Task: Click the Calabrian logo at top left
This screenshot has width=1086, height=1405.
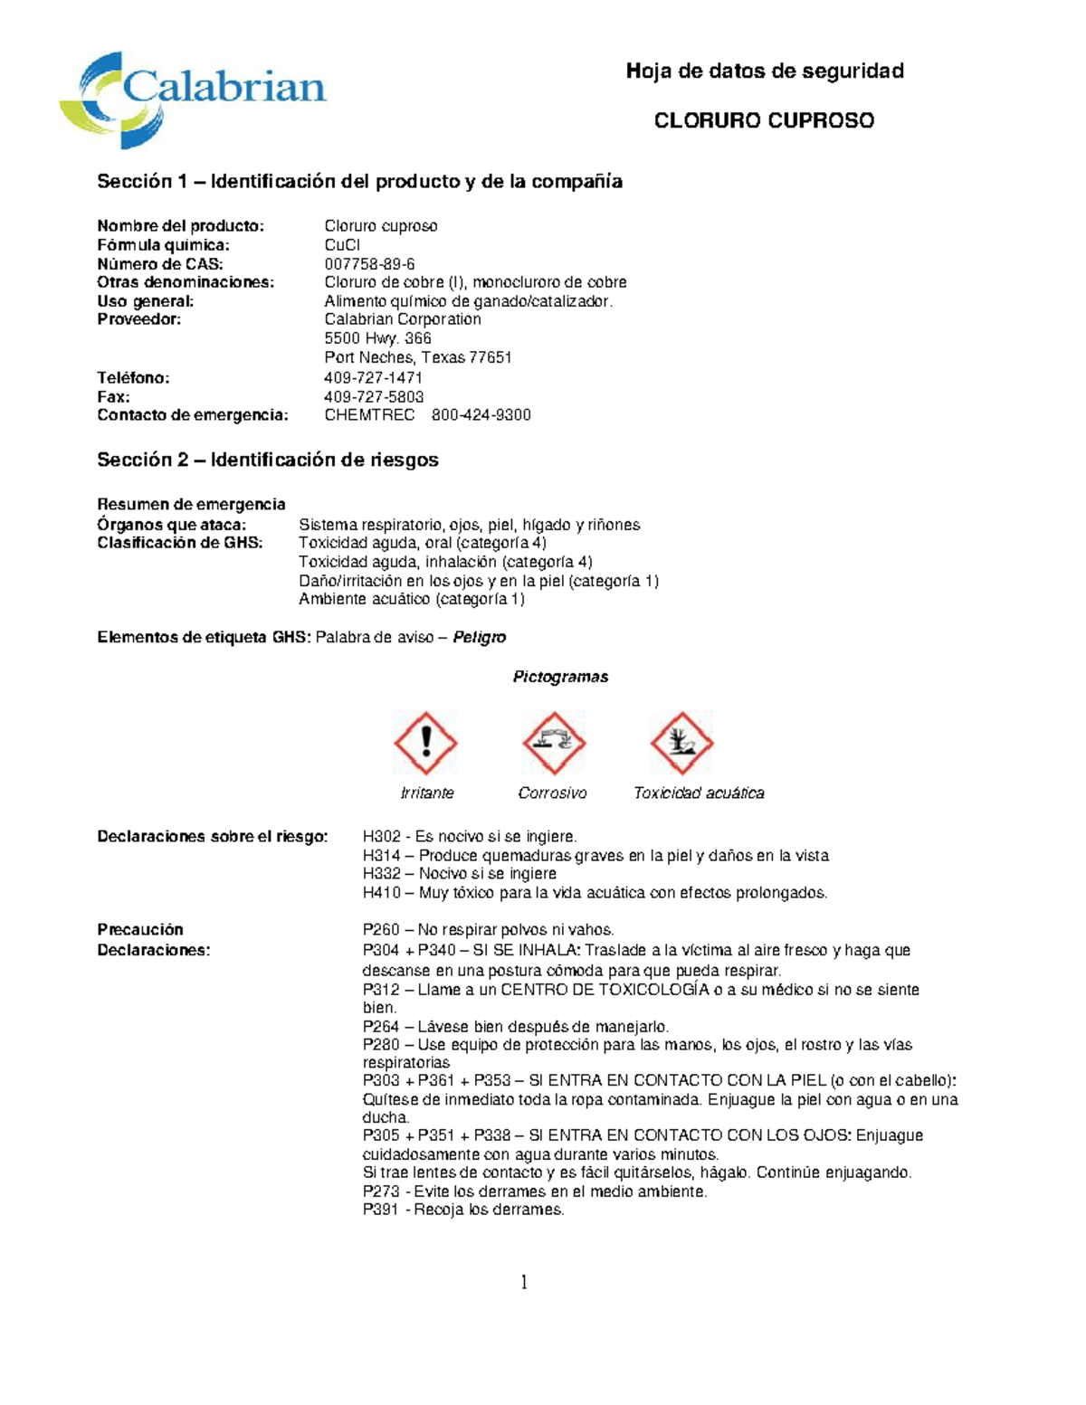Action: [192, 98]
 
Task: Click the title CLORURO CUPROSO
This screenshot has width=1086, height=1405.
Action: [764, 120]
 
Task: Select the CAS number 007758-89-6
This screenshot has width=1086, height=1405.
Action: [369, 264]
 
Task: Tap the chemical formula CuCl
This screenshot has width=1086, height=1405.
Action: [342, 245]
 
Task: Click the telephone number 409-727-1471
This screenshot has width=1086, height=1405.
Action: [373, 377]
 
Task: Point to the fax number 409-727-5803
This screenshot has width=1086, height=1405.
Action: [374, 396]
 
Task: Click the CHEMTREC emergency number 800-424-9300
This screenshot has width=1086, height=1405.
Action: [481, 415]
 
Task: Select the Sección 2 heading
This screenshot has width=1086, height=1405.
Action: [267, 460]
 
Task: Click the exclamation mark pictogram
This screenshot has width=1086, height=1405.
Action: [425, 743]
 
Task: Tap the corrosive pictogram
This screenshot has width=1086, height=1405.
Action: [553, 743]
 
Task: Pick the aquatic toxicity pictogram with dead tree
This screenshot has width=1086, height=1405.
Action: [681, 743]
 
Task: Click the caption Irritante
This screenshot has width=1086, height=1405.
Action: [426, 793]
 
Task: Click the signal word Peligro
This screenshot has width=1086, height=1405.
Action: [479, 637]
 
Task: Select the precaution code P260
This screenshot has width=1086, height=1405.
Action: [381, 929]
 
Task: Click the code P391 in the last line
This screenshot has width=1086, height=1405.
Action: [381, 1210]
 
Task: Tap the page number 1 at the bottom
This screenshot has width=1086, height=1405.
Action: [524, 1282]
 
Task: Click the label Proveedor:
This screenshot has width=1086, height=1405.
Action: [138, 319]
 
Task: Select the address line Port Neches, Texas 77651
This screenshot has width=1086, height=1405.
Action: [417, 357]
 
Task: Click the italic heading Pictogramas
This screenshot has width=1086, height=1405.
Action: [560, 677]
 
